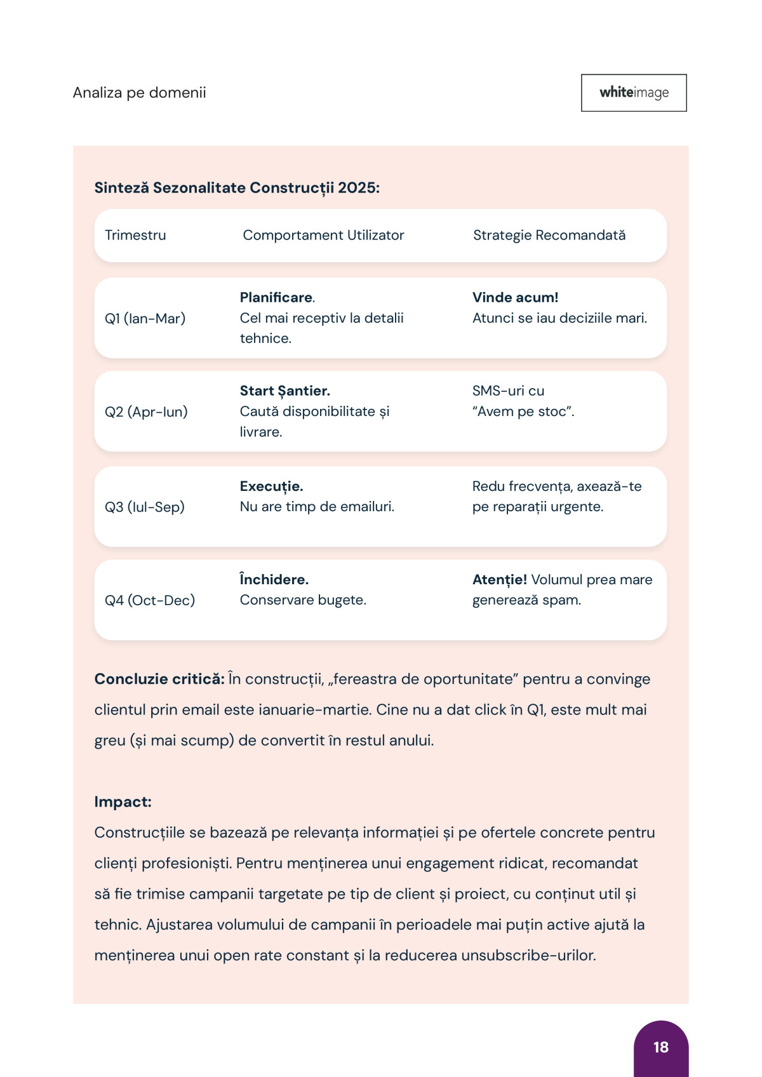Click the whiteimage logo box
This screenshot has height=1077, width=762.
click(634, 93)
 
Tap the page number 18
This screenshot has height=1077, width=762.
click(660, 1047)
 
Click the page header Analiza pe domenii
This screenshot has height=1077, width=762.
click(140, 93)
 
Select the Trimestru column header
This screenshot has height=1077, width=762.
click(135, 235)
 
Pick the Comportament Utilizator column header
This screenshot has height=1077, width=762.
click(323, 235)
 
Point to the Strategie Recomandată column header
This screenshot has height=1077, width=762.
click(549, 235)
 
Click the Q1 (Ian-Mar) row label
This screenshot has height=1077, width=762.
click(145, 318)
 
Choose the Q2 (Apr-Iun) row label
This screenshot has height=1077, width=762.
click(146, 411)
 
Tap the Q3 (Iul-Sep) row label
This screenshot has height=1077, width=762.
click(145, 507)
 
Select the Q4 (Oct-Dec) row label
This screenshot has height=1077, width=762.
click(150, 600)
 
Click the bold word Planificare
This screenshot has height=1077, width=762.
click(276, 297)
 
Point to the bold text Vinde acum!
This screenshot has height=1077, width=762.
click(515, 297)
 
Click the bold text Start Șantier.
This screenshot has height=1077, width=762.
click(284, 391)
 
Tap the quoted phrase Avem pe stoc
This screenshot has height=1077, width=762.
click(523, 411)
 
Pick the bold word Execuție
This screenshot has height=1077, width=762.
click(271, 486)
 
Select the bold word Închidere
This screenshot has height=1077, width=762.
click(274, 579)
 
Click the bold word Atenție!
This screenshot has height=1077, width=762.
click(499, 579)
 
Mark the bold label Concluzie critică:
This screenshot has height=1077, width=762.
click(159, 679)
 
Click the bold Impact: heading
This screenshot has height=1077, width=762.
click(123, 801)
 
